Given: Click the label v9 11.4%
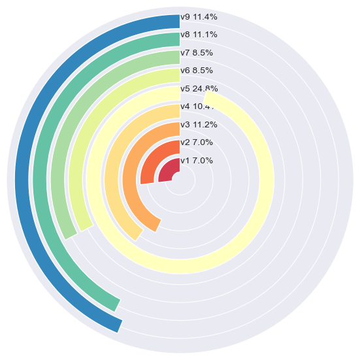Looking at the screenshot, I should pos(199,17).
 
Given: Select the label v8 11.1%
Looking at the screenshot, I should pos(199,35).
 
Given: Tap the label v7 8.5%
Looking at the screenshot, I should pos(197,52).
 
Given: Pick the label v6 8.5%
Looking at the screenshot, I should pos(197,70).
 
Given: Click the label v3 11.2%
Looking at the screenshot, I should pos(199,124).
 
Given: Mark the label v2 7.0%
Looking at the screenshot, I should pos(197,142).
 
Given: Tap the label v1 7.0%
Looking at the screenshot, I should pos(197,160).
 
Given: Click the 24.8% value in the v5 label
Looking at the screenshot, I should pos(205,88).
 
